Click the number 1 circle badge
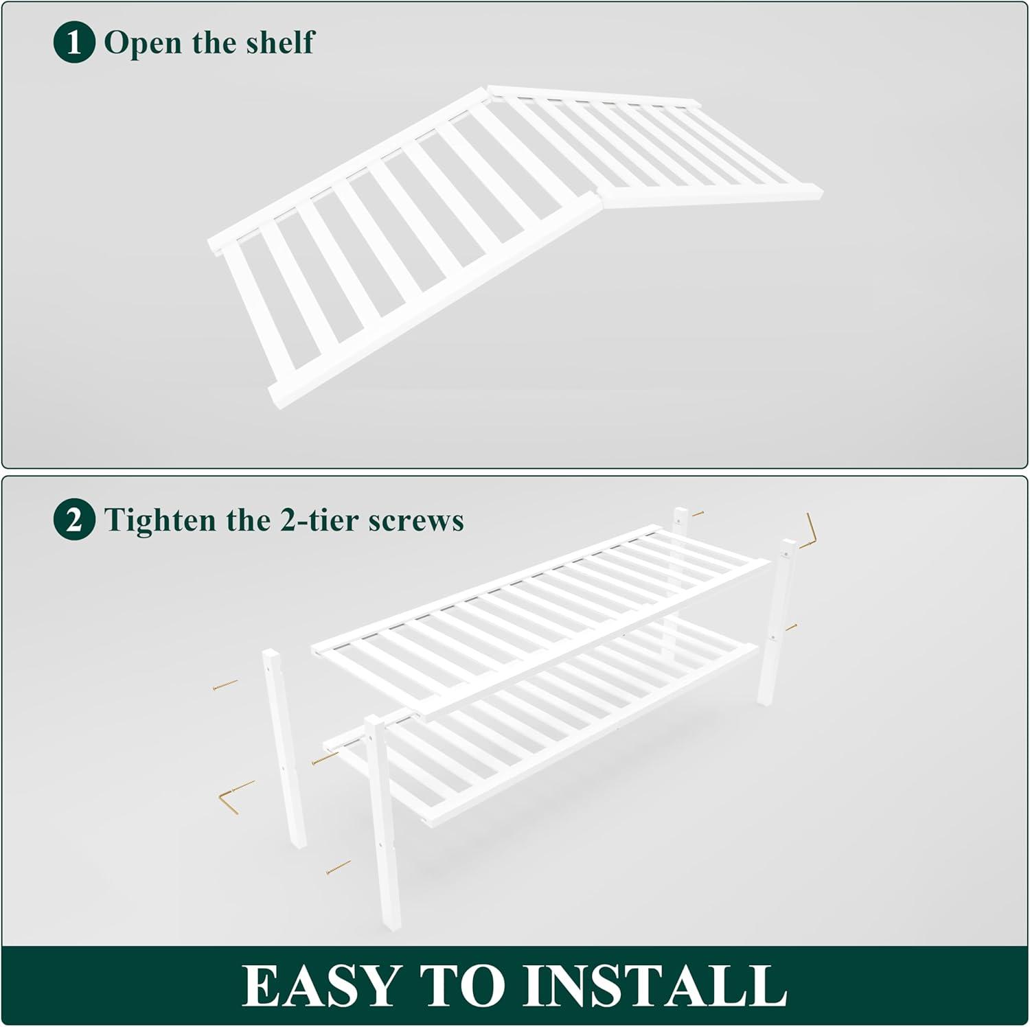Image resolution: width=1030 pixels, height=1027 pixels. pos(73,43)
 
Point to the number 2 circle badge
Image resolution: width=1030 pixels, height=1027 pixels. pos(73,520)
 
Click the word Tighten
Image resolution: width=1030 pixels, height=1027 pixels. pos(162,520)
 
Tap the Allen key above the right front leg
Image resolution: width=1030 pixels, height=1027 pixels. pos(810,531)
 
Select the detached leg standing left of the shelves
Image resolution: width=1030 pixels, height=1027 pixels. pos(284,749)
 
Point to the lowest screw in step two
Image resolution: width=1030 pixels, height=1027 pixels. pos(339,868)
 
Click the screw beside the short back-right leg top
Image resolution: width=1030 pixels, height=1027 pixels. pos(698,513)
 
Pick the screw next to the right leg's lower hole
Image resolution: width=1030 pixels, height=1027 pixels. pos(791,627)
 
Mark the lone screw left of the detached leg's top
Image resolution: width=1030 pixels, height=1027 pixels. pos(225,684)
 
